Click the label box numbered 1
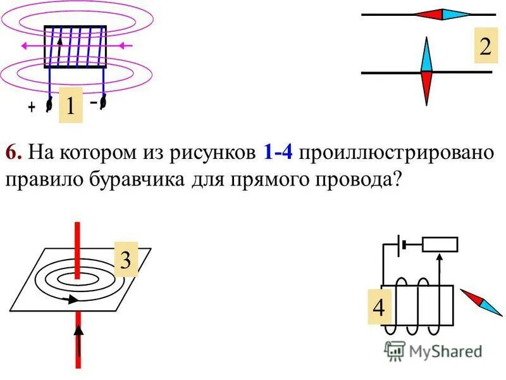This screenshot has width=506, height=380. click(x=71, y=105)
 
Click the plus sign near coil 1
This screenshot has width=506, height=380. click(x=31, y=108)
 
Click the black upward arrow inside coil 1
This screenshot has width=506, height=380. click(x=60, y=46)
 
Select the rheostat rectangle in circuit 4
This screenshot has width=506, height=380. click(x=440, y=244)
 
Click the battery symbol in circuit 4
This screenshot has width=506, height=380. click(x=400, y=244)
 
